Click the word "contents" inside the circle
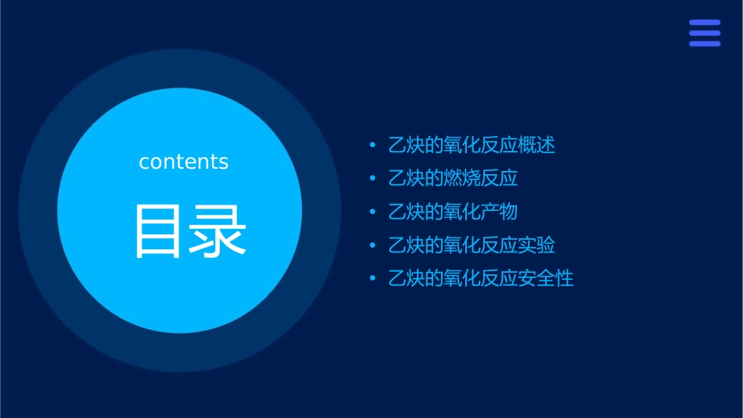click(184, 162)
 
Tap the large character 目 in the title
click(160, 231)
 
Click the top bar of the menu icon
click(705, 23)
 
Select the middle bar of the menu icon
click(705, 33)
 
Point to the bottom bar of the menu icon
click(705, 44)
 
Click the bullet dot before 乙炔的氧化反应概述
click(372, 145)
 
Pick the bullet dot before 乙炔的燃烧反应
click(372, 179)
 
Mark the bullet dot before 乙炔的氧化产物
click(372, 212)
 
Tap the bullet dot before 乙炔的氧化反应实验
click(372, 245)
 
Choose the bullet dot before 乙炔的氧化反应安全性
click(372, 279)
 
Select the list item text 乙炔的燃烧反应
click(453, 179)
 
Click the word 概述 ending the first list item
click(537, 145)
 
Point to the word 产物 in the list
click(499, 212)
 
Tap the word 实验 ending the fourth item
click(537, 245)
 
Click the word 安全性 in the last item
click(546, 279)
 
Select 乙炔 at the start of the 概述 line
click(407, 145)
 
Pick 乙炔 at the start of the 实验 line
click(407, 245)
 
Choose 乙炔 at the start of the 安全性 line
click(407, 279)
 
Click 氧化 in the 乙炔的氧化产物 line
click(462, 212)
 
